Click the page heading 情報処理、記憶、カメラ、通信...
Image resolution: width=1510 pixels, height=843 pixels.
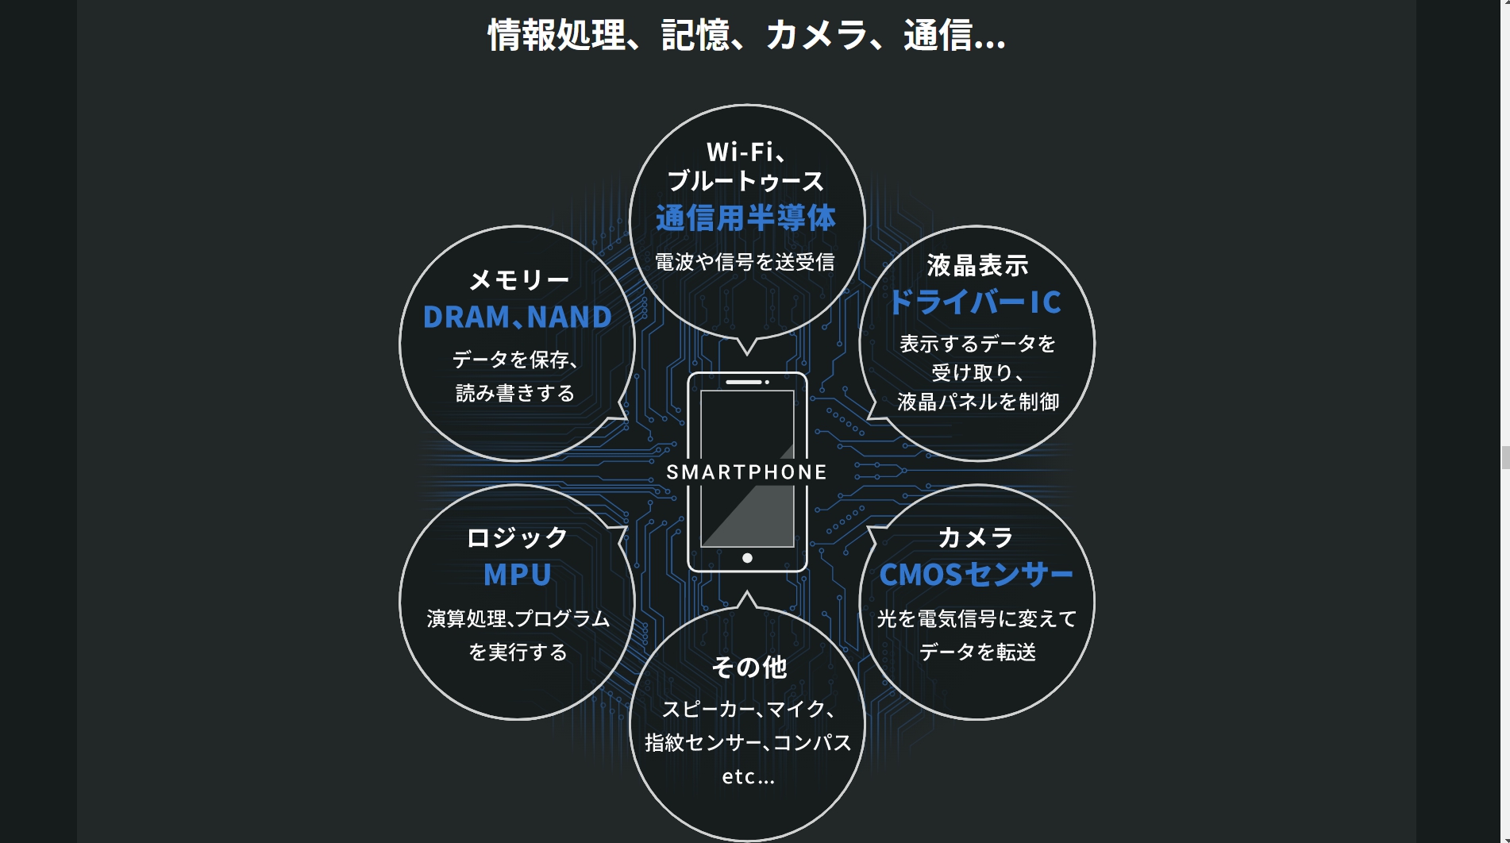pyautogui.click(x=746, y=36)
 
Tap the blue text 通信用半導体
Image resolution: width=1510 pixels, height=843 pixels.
pyautogui.click(x=745, y=218)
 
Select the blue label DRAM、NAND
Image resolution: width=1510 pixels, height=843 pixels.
pyautogui.click(x=517, y=318)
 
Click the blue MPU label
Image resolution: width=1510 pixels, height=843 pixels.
pyautogui.click(x=517, y=575)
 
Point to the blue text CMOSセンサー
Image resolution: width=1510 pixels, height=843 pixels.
pyautogui.click(x=976, y=575)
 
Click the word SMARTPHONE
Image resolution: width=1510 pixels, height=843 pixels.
pyautogui.click(x=746, y=472)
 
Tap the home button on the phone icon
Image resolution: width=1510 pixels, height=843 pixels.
pyautogui.click(x=747, y=558)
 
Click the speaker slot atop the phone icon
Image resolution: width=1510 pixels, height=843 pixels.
pyautogui.click(x=744, y=382)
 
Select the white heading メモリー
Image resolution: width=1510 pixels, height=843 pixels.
pyautogui.click(x=519, y=279)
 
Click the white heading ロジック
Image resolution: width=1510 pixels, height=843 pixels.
pyautogui.click(x=517, y=537)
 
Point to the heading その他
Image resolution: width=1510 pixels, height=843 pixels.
pyautogui.click(x=749, y=667)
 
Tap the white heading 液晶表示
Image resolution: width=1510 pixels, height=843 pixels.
pyautogui.click(x=977, y=265)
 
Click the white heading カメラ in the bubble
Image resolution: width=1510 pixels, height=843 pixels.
pyautogui.click(x=976, y=537)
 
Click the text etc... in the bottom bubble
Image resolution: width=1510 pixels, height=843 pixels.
pyautogui.click(x=748, y=776)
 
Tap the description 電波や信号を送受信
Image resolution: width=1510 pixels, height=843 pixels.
pyautogui.click(x=745, y=262)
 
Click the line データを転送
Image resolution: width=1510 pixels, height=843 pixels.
pyautogui.click(x=977, y=652)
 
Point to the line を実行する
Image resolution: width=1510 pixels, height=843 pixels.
pyautogui.click(x=518, y=652)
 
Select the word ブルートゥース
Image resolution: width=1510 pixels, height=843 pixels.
pyautogui.click(x=745, y=181)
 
